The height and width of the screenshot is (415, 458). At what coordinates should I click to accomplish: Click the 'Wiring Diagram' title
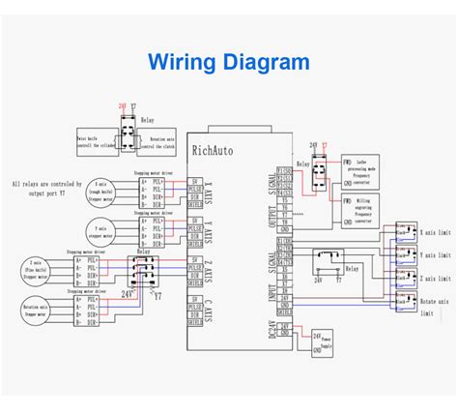point(229,63)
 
